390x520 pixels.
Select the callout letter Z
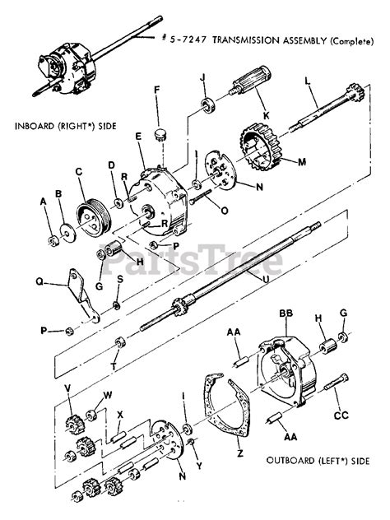[239, 452]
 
